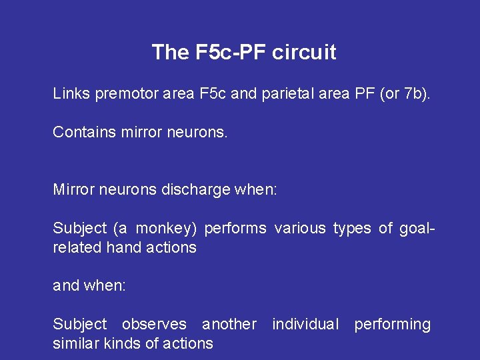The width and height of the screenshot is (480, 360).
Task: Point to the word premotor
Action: [x=127, y=93]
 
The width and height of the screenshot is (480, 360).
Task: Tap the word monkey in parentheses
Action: [x=167, y=229]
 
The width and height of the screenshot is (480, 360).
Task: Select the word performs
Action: [x=235, y=228]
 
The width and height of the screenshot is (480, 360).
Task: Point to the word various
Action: [x=300, y=228]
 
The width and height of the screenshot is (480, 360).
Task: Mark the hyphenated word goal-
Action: [x=417, y=229]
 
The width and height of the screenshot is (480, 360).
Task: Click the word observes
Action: [x=154, y=324]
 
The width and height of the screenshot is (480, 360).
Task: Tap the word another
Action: [x=229, y=324]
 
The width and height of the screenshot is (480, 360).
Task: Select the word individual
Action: [x=305, y=324]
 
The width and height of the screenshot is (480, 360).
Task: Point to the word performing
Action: [x=392, y=325]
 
